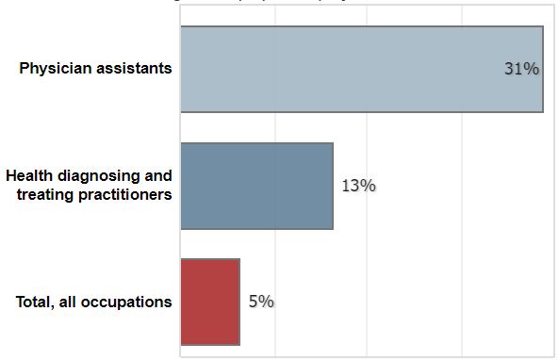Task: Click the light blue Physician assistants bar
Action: click(361, 69)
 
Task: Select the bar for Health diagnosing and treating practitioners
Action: click(256, 186)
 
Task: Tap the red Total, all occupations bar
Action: click(210, 302)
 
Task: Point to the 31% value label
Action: click(521, 69)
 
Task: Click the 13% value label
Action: click(358, 186)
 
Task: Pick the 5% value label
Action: click(261, 302)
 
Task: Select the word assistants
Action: click(134, 69)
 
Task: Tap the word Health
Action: click(28, 176)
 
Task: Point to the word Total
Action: click(35, 302)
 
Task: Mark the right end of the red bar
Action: click(239, 302)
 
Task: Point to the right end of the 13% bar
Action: click(333, 186)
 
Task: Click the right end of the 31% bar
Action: click(543, 69)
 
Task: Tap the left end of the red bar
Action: click(182, 302)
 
